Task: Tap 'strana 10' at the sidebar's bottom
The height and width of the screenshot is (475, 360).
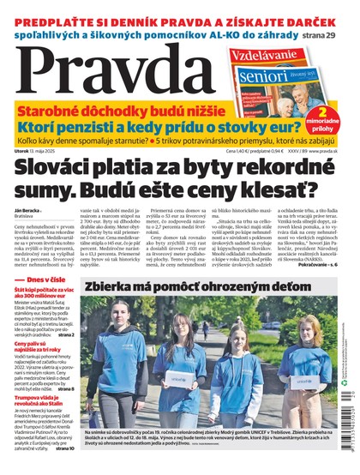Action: pyautogui.click(x=65, y=448)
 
